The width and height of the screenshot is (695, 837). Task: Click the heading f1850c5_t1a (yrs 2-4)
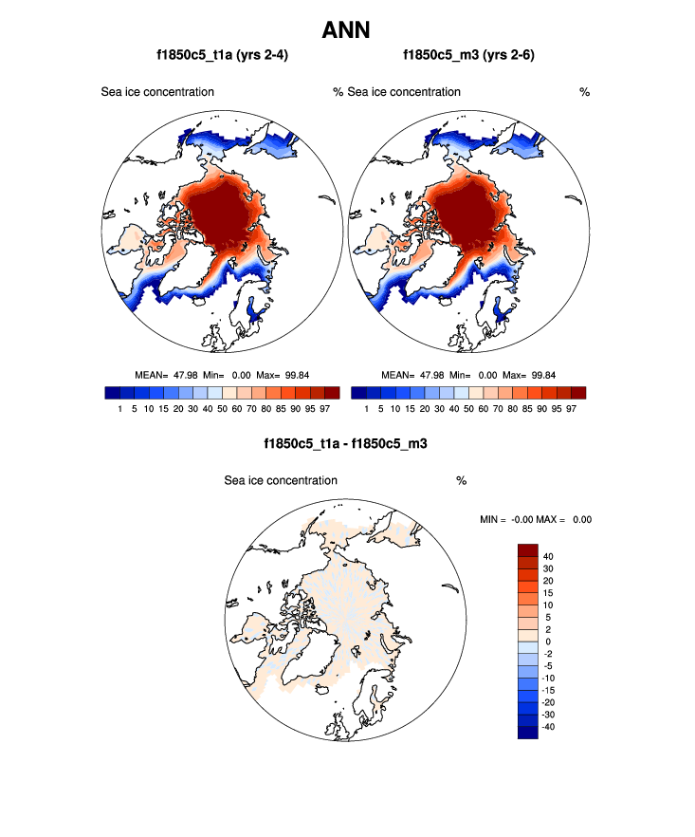(x=223, y=56)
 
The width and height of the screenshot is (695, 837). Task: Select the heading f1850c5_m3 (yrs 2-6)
(x=469, y=56)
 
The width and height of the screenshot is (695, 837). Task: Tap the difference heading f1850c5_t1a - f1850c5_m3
(x=346, y=442)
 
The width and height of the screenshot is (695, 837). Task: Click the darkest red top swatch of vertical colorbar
(x=527, y=550)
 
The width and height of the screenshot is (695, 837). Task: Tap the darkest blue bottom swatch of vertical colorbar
(x=527, y=732)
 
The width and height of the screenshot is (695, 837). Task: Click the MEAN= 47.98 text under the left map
(x=167, y=375)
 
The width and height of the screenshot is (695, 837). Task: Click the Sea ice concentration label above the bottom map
(x=281, y=480)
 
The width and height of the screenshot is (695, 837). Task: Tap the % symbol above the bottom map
(x=461, y=480)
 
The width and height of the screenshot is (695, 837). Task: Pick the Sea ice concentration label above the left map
(x=157, y=92)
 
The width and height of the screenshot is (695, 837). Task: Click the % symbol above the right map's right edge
(x=584, y=92)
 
